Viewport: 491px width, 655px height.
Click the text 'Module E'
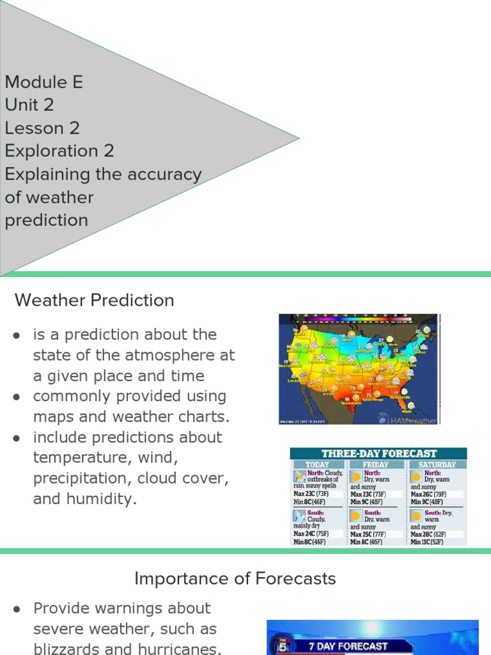(43, 82)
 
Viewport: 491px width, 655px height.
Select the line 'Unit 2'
(29, 105)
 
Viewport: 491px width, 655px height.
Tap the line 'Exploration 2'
(59, 151)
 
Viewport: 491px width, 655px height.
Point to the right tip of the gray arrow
(298, 138)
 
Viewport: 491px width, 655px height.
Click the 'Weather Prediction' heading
(94, 300)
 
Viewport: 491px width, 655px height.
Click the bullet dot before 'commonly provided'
(17, 397)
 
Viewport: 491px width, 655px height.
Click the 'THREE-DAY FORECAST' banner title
(378, 454)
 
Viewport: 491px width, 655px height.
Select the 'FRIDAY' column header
(375, 464)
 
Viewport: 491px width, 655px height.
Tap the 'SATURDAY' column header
(437, 464)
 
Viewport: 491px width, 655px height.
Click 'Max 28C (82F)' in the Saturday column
(428, 534)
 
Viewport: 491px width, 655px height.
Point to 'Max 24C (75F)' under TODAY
(311, 534)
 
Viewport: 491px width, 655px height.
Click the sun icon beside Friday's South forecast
(355, 516)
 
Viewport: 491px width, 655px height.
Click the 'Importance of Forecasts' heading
(235, 579)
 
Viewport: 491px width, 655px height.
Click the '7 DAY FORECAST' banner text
(348, 646)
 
